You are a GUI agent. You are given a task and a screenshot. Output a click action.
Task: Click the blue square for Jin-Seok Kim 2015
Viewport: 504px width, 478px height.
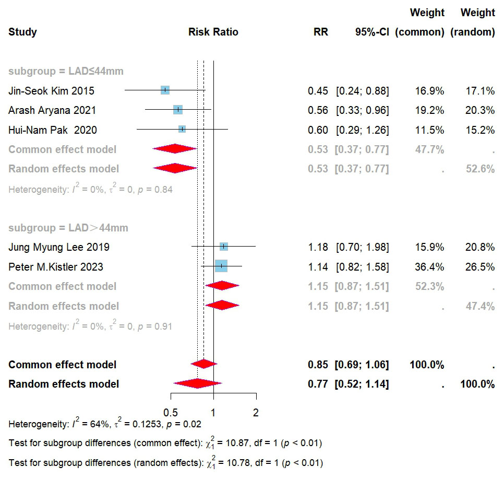165,90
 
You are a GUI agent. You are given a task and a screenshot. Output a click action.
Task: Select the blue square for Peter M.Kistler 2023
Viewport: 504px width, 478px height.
221,266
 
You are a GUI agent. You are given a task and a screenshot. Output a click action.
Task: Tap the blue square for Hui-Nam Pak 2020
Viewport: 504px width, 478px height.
182,130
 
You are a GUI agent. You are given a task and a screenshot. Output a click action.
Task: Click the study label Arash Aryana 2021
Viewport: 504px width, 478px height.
52,110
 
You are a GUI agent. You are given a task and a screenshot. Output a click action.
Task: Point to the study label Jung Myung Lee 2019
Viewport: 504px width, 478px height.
59,247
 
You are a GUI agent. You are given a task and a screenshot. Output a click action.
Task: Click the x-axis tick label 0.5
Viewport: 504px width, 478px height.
171,413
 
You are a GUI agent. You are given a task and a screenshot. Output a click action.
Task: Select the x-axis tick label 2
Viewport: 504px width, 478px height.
256,413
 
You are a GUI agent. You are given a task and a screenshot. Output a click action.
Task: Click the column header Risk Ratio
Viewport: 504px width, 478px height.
213,32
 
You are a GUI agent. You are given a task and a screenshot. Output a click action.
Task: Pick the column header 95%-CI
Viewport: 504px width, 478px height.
372,32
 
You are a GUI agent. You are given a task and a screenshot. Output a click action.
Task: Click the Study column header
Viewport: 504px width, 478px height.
22,32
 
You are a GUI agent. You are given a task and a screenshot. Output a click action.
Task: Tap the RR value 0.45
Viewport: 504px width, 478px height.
318,91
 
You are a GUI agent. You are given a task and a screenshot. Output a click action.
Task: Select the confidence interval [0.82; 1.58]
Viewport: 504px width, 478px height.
363,267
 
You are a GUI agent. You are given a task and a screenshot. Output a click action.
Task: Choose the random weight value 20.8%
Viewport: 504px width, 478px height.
480,247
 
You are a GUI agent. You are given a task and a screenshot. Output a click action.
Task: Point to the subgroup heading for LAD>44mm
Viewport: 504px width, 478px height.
68,228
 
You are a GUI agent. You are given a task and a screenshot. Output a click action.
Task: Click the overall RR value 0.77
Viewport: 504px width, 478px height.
318,384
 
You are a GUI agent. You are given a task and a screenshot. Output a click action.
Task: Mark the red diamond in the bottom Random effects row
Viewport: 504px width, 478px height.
197,384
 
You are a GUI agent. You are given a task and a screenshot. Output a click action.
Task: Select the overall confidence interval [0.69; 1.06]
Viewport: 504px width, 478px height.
363,365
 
